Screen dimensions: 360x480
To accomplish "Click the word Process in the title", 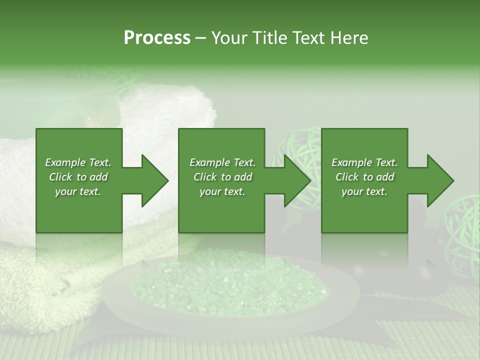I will [157, 38].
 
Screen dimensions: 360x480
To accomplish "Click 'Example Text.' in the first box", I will [78, 162].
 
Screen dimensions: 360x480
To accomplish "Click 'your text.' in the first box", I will [78, 191].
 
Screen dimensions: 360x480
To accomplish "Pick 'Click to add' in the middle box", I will [222, 177].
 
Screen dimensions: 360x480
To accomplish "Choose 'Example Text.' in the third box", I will [364, 162].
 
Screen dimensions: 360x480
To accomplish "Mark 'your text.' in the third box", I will [364, 191].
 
